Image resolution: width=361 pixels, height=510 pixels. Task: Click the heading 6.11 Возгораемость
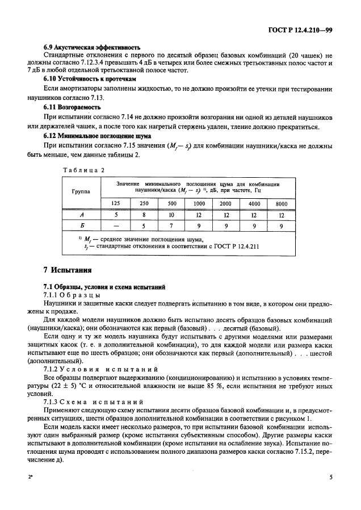pos(73,106)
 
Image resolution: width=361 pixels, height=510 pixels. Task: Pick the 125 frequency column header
pos(115,203)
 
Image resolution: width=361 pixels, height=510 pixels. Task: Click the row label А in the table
pos(81,215)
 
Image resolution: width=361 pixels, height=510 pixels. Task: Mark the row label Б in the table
pos(81,225)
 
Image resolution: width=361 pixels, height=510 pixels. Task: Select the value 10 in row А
pos(171,215)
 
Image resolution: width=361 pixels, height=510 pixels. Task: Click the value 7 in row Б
pos(171,225)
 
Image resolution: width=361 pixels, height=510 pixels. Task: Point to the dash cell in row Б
pos(115,225)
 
